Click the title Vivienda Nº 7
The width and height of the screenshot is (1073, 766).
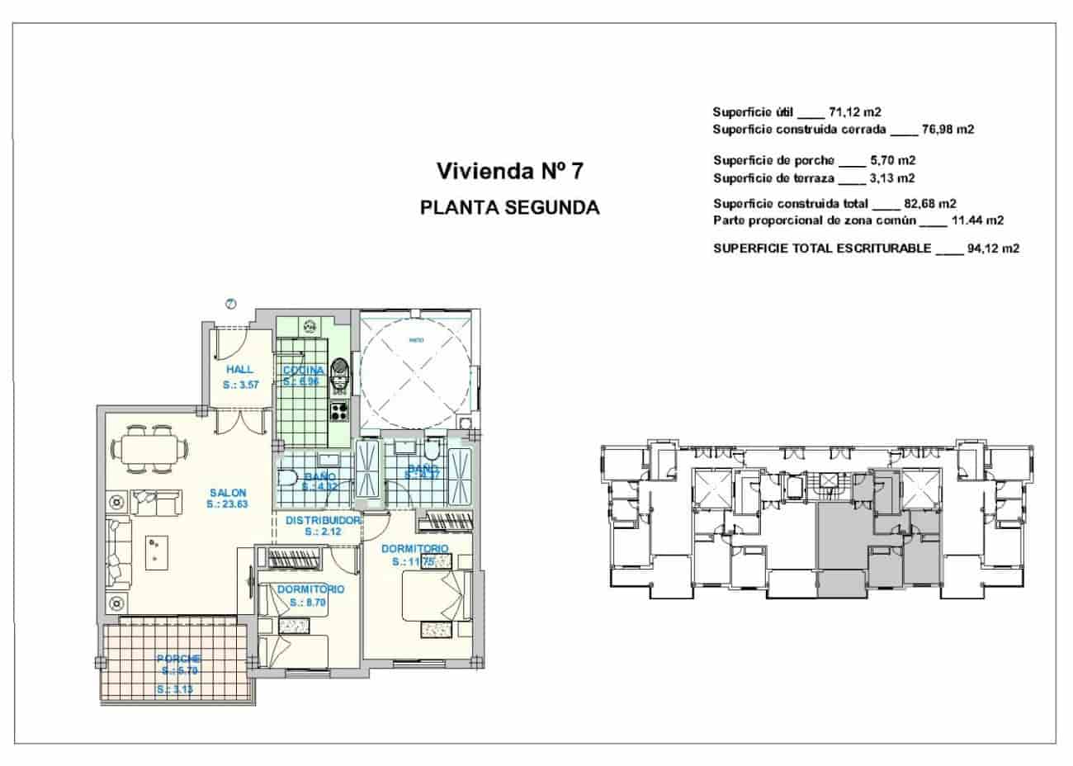point(509,172)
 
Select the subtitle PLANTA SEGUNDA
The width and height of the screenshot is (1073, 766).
point(509,207)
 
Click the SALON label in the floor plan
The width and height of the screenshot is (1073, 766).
point(227,492)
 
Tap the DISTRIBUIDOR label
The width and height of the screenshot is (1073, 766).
point(323,521)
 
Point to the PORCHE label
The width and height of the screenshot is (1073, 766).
point(178,659)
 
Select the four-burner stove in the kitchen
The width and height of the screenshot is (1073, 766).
point(340,409)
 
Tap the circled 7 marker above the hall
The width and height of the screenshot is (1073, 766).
point(231,304)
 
